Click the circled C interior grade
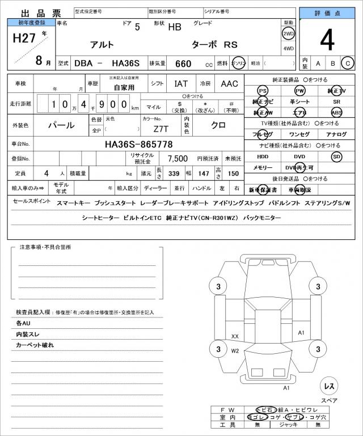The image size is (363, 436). tap(348, 63)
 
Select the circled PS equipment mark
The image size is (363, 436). tap(262, 91)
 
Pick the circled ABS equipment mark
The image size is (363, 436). tap(337, 112)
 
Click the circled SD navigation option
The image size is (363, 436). tap(337, 156)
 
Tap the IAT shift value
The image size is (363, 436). tap(181, 83)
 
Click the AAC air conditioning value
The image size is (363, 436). tap(229, 83)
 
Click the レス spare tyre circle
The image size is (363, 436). tap(329, 386)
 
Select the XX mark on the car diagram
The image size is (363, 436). tap(235, 336)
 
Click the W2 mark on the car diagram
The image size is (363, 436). tap(235, 351)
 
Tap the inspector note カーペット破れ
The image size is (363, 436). tap(35, 345)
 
